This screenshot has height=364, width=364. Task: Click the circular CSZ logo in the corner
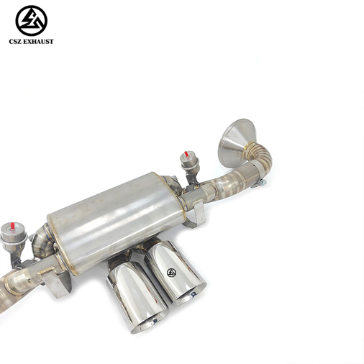coord(32,21)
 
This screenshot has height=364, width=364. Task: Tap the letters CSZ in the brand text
coord(14,42)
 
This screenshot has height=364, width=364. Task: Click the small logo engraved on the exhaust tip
coord(171,273)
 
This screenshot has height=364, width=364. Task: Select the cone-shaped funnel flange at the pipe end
coord(236,142)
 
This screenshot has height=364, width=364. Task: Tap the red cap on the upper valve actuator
coord(186,154)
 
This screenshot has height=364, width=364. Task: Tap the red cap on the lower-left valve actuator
coord(12,226)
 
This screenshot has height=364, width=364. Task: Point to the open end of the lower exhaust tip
coord(150,323)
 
